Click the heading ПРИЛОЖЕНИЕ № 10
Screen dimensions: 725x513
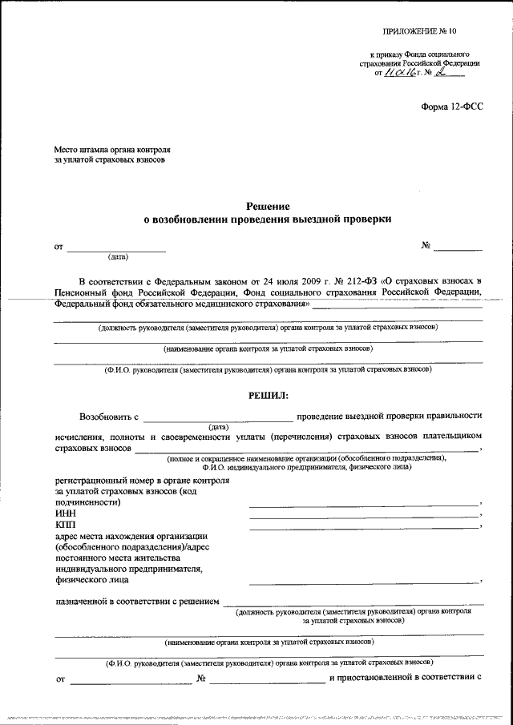[418, 33]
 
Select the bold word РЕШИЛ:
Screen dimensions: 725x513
[267, 395]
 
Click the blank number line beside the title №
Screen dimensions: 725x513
[461, 251]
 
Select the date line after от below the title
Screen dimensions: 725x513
[116, 252]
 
